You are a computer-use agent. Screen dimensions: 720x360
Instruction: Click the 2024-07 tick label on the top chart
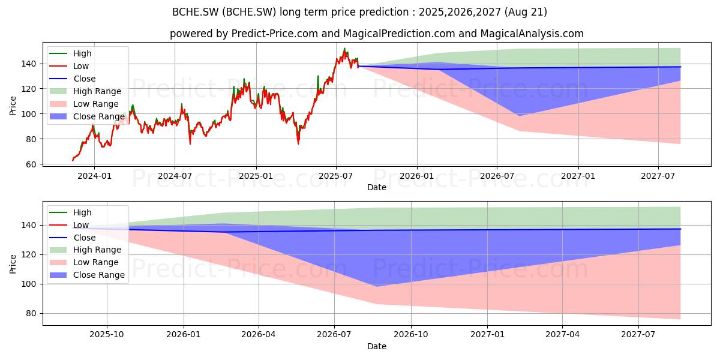tap(175, 176)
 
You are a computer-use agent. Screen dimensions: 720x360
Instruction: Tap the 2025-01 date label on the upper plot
tap(256, 176)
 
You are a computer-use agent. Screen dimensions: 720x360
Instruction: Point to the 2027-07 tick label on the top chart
tap(658, 176)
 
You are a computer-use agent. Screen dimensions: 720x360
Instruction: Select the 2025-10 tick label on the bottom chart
tap(107, 335)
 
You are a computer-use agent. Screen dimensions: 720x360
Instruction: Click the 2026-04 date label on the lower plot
tap(259, 335)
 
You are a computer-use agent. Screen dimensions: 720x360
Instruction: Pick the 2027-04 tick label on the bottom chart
tap(563, 335)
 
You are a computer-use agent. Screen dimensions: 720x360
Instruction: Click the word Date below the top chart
tap(377, 187)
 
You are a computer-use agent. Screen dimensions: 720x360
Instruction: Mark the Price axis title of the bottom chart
tap(13, 264)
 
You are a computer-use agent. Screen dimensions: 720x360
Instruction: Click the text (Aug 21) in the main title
tap(526, 12)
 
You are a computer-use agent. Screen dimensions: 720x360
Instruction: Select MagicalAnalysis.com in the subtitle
tap(532, 34)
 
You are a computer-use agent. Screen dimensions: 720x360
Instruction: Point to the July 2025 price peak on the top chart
tap(344, 49)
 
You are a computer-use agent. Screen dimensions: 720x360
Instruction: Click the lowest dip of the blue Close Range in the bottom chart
tap(377, 286)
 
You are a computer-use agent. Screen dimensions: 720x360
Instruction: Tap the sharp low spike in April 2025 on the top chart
tap(298, 143)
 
